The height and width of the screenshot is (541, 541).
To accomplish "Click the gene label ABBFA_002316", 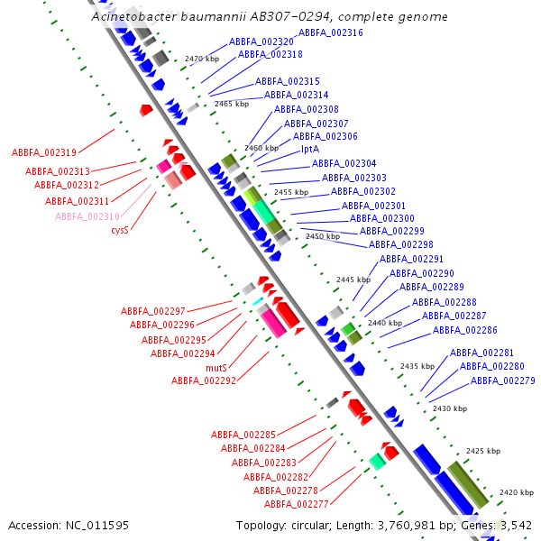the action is click(x=331, y=32).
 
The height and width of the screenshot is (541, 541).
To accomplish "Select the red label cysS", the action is click(x=120, y=230).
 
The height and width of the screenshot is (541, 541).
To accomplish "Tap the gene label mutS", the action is click(x=216, y=368).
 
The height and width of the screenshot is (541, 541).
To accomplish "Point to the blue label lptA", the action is click(x=310, y=150).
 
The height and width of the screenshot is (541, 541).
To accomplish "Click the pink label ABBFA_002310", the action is click(x=87, y=216).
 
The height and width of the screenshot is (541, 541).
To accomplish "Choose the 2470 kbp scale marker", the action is click(x=202, y=59).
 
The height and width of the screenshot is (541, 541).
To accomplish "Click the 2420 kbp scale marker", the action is click(x=517, y=492).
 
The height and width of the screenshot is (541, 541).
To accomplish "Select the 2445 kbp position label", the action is click(x=353, y=280).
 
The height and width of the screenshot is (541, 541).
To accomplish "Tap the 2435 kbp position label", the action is click(x=417, y=366).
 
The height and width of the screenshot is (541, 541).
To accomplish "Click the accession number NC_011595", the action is click(x=97, y=526).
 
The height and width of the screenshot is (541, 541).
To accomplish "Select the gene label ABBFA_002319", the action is click(x=44, y=152).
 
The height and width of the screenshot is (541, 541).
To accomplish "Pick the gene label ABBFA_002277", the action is click(x=297, y=504).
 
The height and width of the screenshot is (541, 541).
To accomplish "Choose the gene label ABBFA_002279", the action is click(x=503, y=381).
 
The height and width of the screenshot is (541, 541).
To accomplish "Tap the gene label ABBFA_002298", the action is click(x=401, y=244).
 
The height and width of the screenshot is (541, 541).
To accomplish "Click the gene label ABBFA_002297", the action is click(x=153, y=311).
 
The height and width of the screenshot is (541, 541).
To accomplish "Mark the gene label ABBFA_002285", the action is click(x=243, y=435).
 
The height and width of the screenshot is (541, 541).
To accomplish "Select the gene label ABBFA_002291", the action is click(x=411, y=259).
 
